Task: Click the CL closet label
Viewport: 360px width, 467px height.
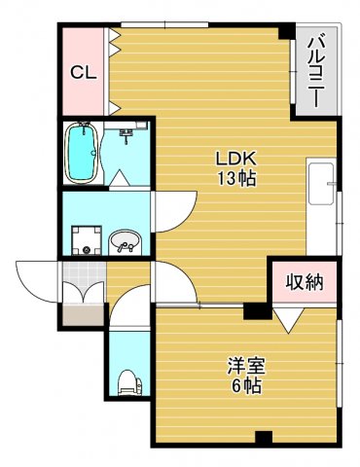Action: click(x=82, y=72)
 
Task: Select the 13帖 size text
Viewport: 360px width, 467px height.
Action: click(x=236, y=179)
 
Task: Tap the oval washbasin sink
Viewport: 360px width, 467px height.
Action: click(x=125, y=241)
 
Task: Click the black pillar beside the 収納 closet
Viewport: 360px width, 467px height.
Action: click(x=255, y=311)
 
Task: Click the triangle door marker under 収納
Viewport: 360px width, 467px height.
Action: click(x=287, y=317)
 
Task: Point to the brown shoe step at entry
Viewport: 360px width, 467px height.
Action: click(x=83, y=313)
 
